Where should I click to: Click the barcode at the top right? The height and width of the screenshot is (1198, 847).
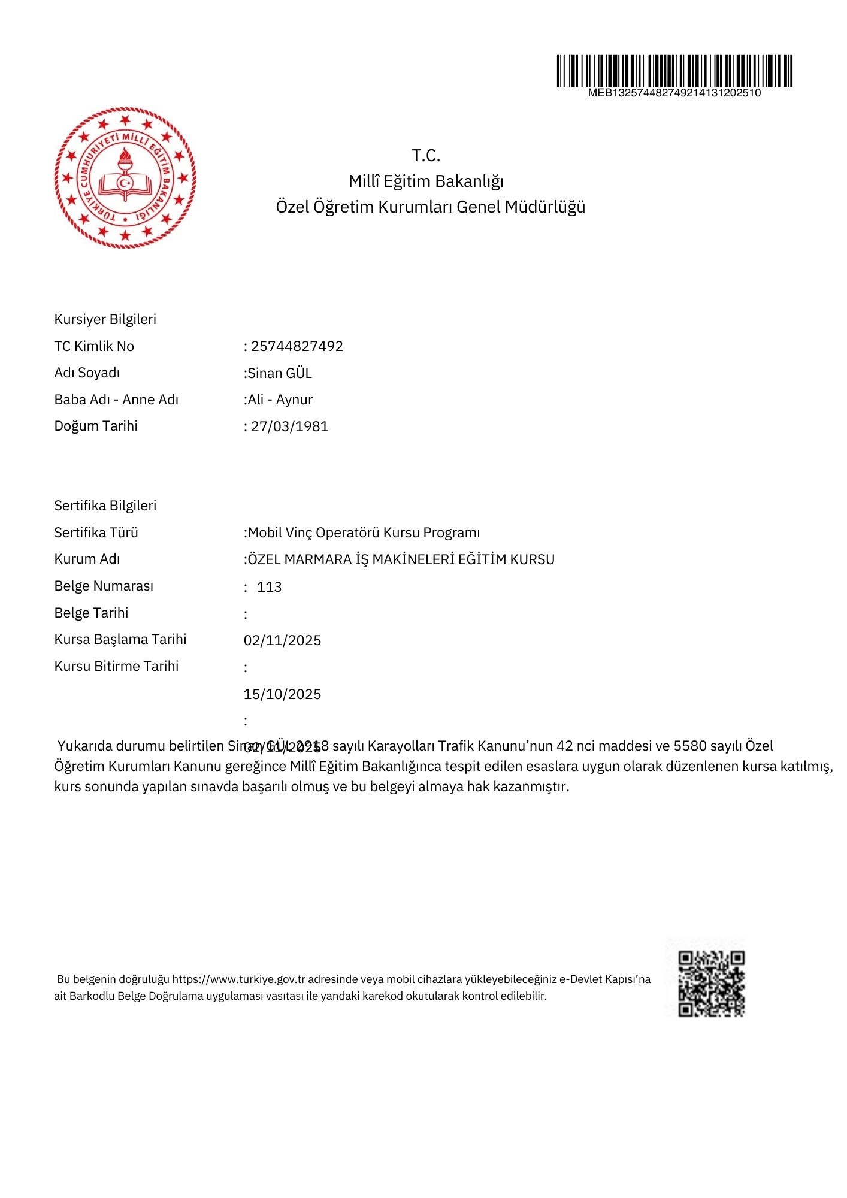click(674, 71)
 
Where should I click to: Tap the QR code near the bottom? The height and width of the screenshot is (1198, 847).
click(711, 984)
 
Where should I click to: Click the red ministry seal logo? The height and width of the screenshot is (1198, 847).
click(125, 178)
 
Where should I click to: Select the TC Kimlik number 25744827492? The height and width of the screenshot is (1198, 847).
click(297, 346)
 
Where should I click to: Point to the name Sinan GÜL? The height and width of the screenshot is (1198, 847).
click(280, 373)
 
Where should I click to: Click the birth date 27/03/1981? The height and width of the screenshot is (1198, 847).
click(290, 426)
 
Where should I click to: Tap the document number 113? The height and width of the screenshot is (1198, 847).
click(270, 587)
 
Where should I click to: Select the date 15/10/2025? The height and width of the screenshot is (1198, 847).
click(282, 694)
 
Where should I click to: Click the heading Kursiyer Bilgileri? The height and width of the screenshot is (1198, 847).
click(105, 319)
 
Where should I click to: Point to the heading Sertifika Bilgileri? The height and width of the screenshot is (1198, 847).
click(105, 506)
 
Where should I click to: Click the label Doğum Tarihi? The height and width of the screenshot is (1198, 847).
click(96, 426)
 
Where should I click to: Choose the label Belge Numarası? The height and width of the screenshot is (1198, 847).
click(104, 586)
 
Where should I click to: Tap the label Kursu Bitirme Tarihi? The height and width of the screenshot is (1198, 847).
click(116, 666)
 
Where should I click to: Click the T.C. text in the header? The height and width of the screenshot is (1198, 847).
click(426, 156)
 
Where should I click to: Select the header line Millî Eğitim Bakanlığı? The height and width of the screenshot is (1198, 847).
click(426, 181)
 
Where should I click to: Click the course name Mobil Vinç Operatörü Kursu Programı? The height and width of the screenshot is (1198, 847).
click(364, 533)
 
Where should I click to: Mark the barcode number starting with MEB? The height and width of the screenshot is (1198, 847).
click(674, 93)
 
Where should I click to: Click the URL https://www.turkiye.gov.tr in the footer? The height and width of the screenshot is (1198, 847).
click(239, 979)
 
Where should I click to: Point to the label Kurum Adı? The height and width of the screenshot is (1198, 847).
click(87, 559)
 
